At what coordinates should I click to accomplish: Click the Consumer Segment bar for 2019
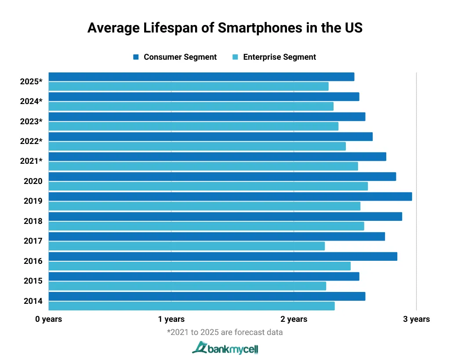pos(230,197)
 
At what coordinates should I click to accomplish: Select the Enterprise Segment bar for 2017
pos(186,246)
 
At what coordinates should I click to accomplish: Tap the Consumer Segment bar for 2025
pos(201,77)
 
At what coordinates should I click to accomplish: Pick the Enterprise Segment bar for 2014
pos(191,306)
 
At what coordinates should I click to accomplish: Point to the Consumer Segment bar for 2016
pos(222,256)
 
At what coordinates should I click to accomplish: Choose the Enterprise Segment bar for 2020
pos(208,186)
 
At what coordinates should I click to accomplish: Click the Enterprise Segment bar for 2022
pos(197,146)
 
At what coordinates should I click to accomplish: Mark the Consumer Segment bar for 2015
pos(203,277)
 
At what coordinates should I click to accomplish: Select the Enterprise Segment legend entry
pos(274,57)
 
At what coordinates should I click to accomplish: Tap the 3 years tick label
pos(416,319)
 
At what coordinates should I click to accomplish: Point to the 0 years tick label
pos(49,319)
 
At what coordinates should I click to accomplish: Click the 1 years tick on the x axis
pos(171,319)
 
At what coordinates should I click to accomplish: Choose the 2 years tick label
pos(294,319)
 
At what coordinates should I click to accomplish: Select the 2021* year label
pos(31,161)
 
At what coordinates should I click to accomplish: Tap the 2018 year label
pos(33,221)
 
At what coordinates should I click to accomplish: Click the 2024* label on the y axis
pos(31,101)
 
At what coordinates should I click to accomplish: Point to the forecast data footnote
pos(225,332)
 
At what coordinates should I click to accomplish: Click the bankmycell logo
pos(225,348)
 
